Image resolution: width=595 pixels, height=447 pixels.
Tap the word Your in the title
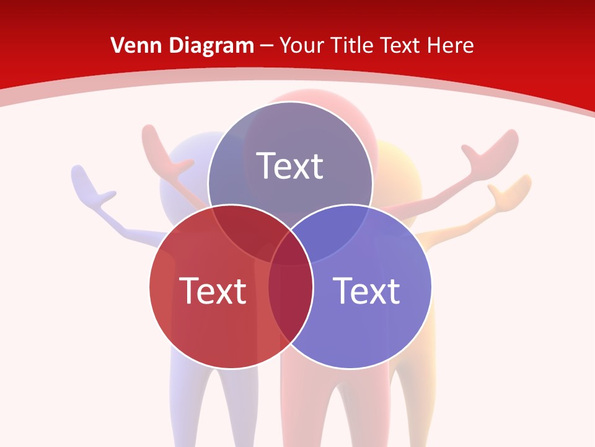pyautogui.click(x=303, y=45)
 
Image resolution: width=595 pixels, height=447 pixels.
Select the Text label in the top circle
pyautogui.click(x=290, y=166)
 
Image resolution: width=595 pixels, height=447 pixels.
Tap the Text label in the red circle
pyautogui.click(x=213, y=290)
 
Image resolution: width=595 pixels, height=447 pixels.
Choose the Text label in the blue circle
pyautogui.click(x=366, y=290)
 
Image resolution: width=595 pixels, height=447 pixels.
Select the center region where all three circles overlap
pyautogui.click(x=290, y=248)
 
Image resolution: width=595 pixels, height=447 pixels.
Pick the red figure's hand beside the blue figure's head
pyautogui.click(x=162, y=149)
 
